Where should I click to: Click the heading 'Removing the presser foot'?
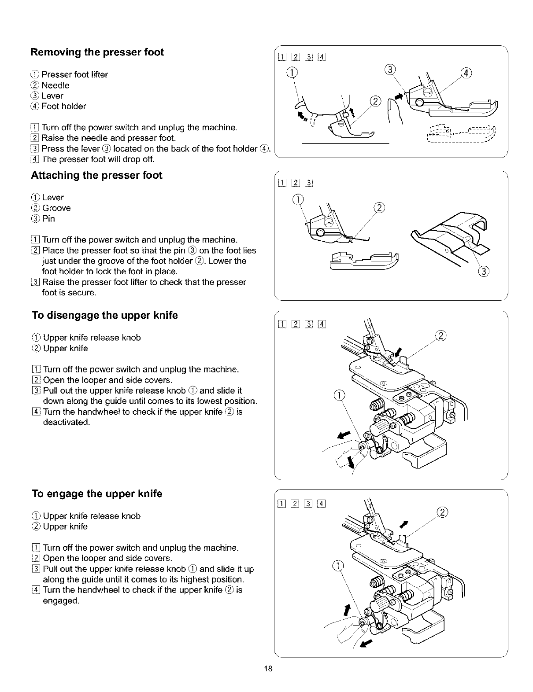coord(97,52)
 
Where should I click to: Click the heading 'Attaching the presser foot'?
coord(96,175)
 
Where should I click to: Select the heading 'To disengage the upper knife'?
coord(105,316)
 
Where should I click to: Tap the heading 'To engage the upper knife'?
coord(97,494)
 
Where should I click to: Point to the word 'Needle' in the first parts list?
coord(56,85)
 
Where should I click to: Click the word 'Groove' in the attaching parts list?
coord(56,208)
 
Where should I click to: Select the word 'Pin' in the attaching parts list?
coord(48,218)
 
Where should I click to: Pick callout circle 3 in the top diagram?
coord(390,69)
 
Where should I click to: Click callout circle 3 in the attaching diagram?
coord(483,271)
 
